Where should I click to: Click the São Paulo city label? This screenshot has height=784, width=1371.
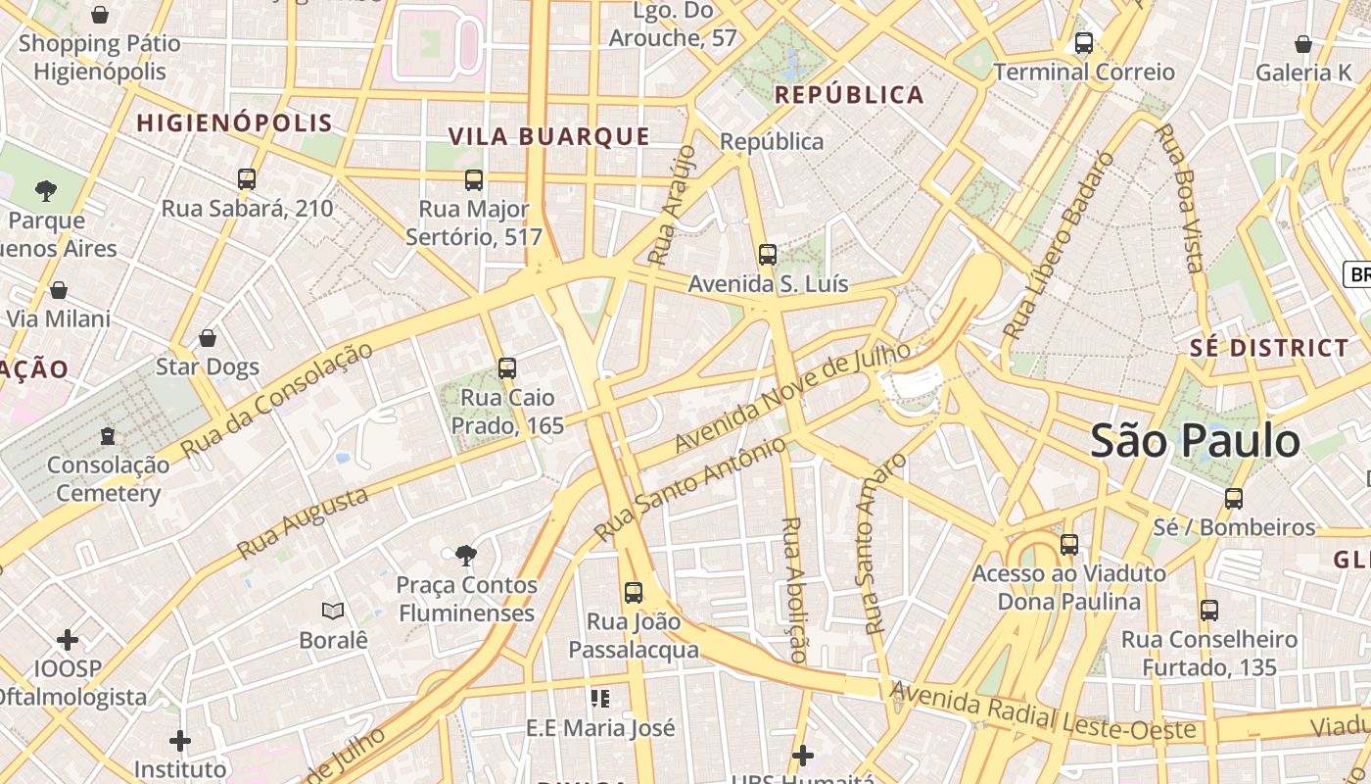1195,441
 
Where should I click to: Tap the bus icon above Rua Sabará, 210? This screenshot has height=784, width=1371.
247,179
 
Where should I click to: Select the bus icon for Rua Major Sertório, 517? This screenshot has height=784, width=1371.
474,180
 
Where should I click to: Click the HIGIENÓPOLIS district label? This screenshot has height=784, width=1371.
235,123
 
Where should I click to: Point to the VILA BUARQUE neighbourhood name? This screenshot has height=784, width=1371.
549,136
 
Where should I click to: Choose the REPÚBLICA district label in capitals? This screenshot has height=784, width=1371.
849,95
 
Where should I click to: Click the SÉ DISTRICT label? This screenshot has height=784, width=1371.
1269,348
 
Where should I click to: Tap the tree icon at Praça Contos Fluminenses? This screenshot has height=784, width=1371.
466,557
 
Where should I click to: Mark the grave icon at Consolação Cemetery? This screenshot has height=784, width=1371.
108,435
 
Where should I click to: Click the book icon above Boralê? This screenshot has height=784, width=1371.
333,611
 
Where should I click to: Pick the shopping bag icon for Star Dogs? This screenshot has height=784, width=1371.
208,338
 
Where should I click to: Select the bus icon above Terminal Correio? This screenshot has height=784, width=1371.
1084,43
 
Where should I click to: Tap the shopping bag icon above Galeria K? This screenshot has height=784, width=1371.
1303,44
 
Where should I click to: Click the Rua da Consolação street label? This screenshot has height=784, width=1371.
278,399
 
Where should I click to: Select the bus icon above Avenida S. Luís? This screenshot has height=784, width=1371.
768,255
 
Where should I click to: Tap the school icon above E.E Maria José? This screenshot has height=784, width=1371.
600,699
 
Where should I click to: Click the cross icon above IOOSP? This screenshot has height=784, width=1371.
68,640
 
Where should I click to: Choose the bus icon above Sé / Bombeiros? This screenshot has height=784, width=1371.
1234,499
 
